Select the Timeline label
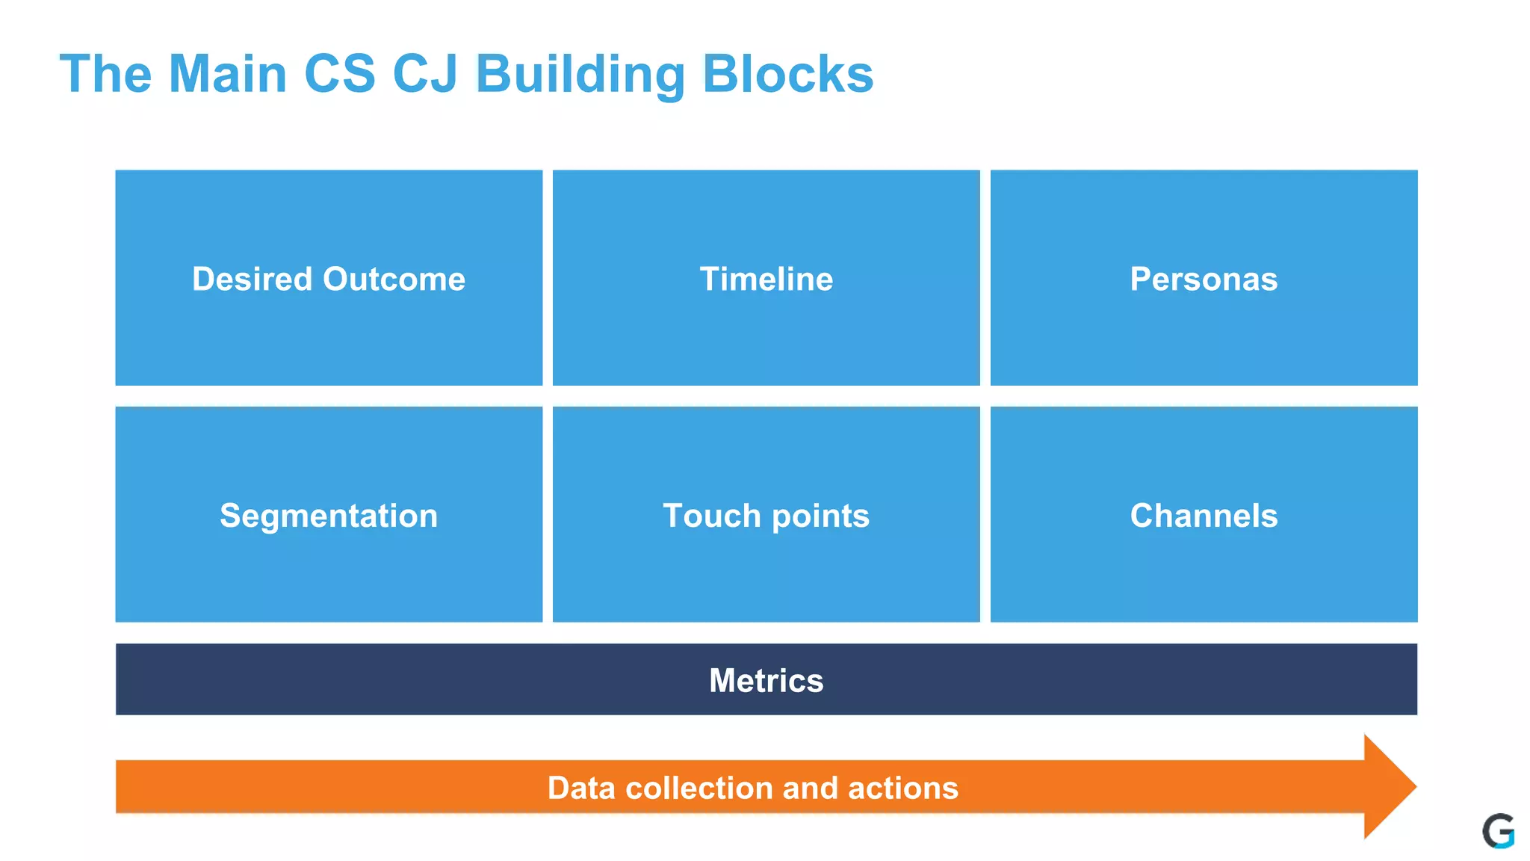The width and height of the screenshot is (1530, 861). [766, 280]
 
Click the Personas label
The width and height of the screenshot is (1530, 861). [1204, 280]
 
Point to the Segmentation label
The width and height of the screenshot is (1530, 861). [329, 516]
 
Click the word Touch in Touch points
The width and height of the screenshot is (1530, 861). [710, 516]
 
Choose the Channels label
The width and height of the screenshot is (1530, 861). [1204, 516]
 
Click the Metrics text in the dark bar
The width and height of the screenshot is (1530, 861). [766, 681]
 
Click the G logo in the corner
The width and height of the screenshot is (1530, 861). [1498, 831]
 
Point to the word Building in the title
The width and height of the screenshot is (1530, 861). [580, 75]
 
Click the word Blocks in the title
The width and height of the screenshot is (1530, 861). [787, 75]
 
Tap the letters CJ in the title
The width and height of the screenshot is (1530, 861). [424, 75]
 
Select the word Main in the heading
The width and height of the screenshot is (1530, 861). [228, 75]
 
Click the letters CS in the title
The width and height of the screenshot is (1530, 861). [339, 75]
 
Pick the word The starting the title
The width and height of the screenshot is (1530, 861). [105, 75]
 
